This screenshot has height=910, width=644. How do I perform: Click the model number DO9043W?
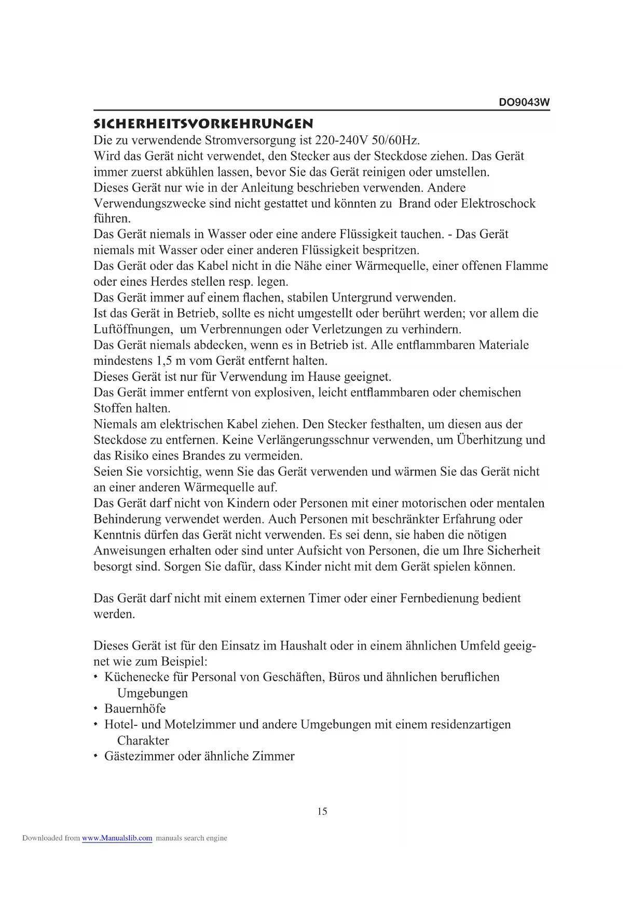click(524, 102)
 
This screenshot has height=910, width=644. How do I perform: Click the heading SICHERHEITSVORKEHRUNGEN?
click(203, 124)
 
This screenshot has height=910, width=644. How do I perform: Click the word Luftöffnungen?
click(133, 329)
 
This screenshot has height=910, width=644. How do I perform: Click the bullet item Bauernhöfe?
click(135, 709)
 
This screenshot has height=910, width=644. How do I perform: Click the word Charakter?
click(143, 741)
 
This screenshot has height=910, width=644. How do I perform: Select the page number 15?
click(322, 811)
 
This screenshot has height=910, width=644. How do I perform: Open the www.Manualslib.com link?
click(117, 838)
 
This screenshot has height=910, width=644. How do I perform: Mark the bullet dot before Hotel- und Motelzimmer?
click(96, 725)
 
